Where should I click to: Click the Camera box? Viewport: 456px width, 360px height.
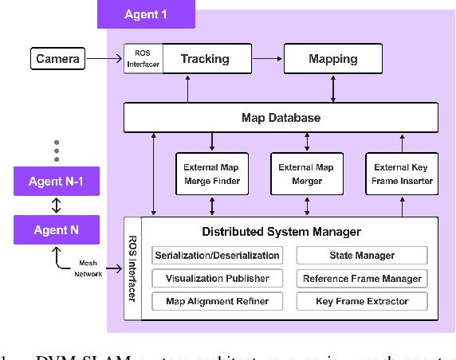[57, 59]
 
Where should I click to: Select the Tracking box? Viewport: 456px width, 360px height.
[204, 59]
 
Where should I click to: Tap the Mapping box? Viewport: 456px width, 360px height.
[332, 59]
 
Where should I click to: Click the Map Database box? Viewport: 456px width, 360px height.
[281, 118]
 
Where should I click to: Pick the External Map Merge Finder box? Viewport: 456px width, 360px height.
[211, 174]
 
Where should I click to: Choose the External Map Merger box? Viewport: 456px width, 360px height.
[306, 174]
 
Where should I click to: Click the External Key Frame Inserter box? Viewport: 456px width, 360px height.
[402, 174]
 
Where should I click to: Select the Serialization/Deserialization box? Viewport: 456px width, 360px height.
[217, 256]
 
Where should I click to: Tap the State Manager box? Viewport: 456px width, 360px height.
[361, 256]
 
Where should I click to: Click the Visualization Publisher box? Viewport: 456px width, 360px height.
[217, 279]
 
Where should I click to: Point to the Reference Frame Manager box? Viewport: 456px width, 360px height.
[361, 279]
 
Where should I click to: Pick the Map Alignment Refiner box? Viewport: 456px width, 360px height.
[217, 302]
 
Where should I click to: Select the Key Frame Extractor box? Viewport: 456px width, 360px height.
[361, 302]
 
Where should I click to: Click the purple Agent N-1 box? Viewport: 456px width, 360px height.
[56, 182]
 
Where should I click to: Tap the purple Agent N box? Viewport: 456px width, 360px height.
[56, 230]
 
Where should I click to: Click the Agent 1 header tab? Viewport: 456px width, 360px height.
[146, 14]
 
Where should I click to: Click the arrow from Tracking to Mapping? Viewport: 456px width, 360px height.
[267, 59]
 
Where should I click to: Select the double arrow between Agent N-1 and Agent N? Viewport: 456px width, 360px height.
[56, 205]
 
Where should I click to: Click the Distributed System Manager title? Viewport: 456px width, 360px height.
[281, 232]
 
